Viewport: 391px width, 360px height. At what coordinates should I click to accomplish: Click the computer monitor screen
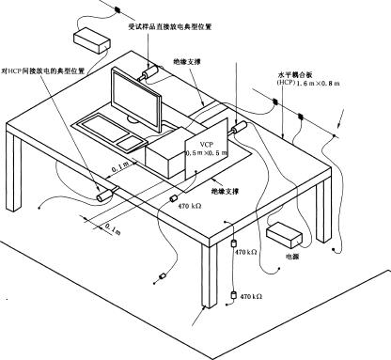click(x=140, y=97)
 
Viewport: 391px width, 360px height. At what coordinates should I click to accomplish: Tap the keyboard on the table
click(x=106, y=125)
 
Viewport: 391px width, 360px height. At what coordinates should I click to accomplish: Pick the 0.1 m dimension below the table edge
click(x=110, y=228)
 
